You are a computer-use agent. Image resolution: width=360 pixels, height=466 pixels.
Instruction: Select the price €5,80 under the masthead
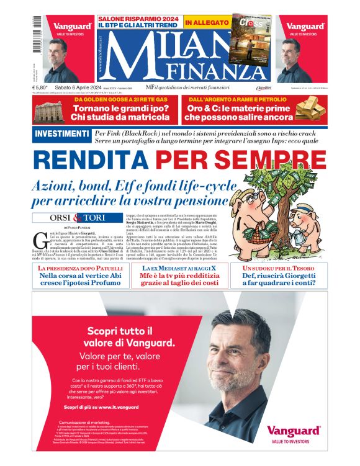pyautogui.click(x=40, y=88)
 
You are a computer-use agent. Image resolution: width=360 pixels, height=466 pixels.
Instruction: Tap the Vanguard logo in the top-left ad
pyautogui.click(x=72, y=27)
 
